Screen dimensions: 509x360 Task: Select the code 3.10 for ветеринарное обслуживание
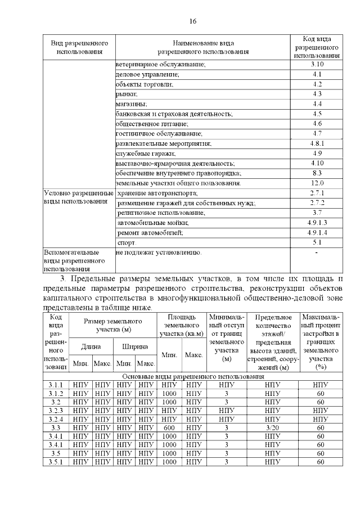coord(317,65)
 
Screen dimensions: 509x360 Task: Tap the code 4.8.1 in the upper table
coord(317,143)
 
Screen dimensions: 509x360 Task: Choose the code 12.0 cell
coord(317,183)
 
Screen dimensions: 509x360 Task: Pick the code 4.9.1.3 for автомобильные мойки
coord(317,223)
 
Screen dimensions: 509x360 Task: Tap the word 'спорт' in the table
coord(127,242)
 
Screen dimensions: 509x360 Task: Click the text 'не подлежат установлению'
coord(158,253)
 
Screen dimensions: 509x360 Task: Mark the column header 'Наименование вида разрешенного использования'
coord(202,47)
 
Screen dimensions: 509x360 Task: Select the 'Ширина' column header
coord(135,347)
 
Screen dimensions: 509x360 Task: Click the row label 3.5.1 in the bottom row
coord(56,462)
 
